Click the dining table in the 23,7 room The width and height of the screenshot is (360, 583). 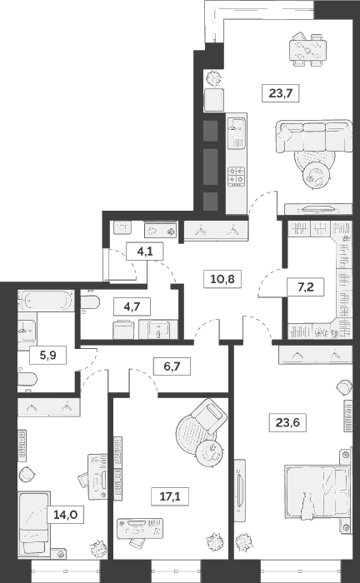(x=306, y=50)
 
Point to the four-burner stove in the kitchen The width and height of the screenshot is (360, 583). (x=237, y=175)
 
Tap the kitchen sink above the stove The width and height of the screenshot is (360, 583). (x=237, y=128)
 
